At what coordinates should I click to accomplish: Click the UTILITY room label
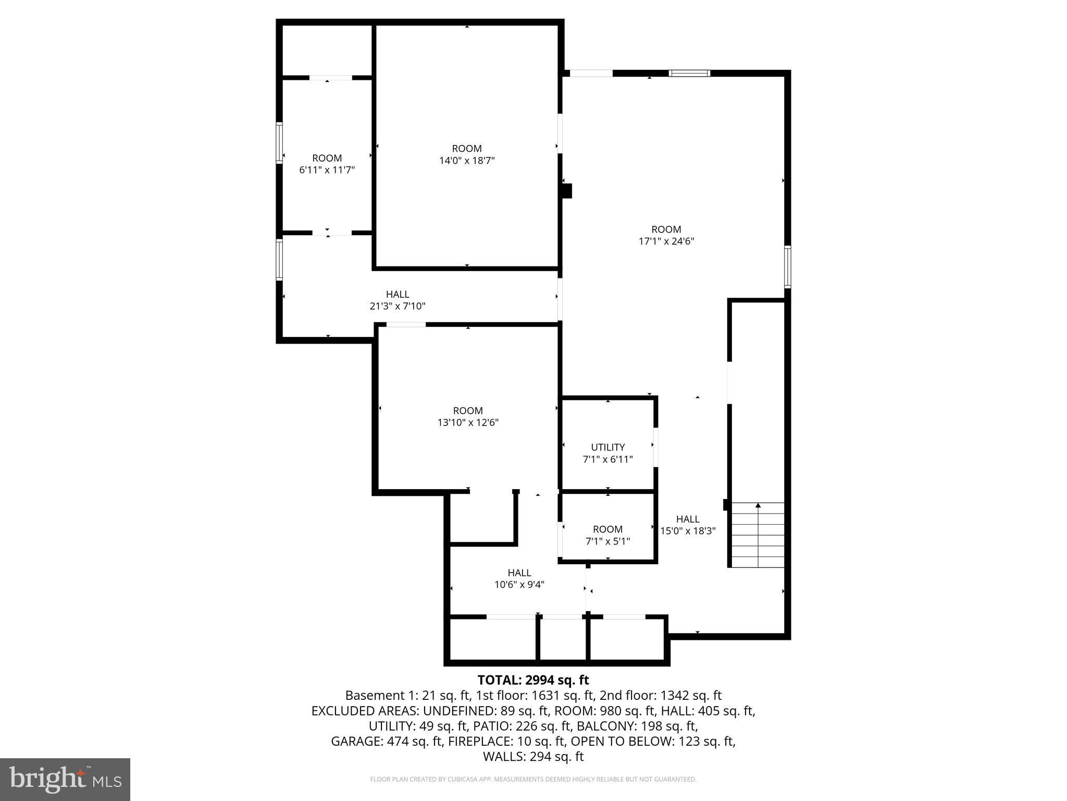[x=607, y=447]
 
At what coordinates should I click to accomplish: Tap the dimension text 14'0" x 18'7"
[x=467, y=161]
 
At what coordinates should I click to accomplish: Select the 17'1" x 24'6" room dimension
[x=666, y=241]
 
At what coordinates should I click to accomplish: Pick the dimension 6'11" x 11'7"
[x=327, y=170]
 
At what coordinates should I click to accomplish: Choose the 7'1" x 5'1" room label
[x=607, y=541]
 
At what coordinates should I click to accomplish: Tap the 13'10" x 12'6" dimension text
[x=468, y=422]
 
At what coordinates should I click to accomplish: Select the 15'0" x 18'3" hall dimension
[x=688, y=531]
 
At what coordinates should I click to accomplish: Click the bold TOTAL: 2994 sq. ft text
[x=533, y=680]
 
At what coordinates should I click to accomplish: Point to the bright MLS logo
[x=65, y=779]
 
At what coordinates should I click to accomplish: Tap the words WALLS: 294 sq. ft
[x=533, y=757]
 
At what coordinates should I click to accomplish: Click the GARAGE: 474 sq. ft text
[x=387, y=741]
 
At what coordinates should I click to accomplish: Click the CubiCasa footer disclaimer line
[x=533, y=780]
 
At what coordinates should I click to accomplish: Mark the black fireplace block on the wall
[x=567, y=191]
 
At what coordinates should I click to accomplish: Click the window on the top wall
[x=689, y=74]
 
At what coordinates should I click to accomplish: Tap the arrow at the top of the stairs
[x=758, y=505]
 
